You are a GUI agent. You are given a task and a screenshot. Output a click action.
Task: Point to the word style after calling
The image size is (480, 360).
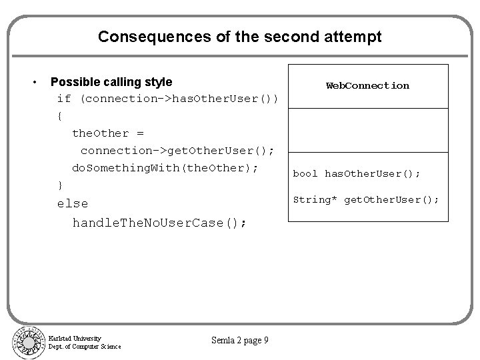tap(157, 82)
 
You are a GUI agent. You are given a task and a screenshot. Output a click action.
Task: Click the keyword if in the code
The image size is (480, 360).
tap(64, 99)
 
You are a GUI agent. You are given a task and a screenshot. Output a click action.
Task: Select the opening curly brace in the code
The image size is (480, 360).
tap(61, 115)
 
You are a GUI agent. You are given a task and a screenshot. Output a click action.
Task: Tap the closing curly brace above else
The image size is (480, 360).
tap(61, 185)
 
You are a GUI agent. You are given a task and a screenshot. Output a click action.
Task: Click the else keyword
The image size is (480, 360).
tap(73, 203)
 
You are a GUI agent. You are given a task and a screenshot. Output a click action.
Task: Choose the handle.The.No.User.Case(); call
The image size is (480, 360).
tap(159, 223)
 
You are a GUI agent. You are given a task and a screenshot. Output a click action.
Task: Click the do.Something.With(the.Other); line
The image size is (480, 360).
tap(165, 167)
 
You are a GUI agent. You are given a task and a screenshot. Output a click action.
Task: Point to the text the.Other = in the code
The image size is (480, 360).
tap(107, 133)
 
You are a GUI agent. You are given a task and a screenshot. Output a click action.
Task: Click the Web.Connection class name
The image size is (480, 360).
tap(367, 85)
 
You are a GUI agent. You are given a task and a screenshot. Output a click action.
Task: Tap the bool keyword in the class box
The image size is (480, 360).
tap(305, 173)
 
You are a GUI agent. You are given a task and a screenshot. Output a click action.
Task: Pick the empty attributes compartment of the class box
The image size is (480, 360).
tap(367, 129)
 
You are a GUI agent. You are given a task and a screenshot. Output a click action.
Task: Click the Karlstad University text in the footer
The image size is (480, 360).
tap(75, 338)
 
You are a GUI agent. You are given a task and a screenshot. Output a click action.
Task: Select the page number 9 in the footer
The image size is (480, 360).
tap(266, 341)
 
